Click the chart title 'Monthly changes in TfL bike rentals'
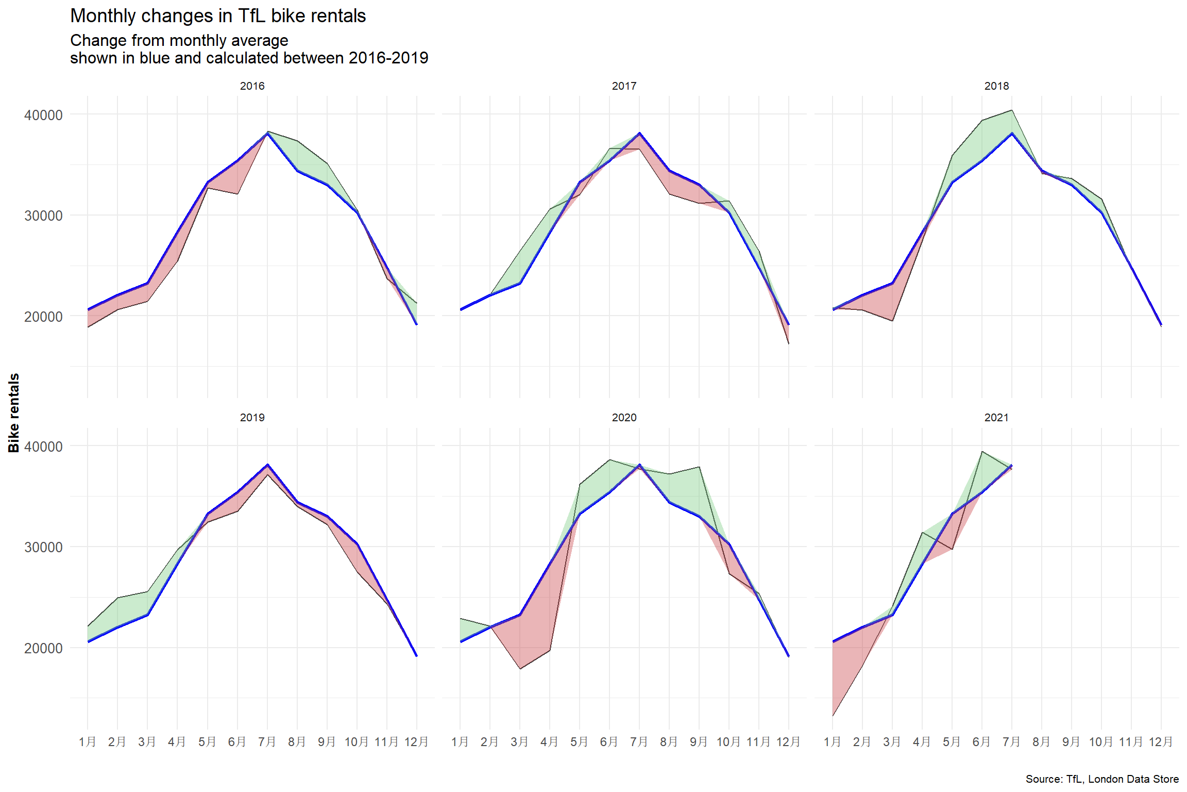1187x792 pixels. (218, 16)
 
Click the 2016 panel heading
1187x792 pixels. (252, 86)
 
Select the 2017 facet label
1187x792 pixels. (624, 86)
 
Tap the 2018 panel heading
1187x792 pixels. (996, 86)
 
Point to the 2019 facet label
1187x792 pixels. (252, 418)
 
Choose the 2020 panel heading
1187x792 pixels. (624, 418)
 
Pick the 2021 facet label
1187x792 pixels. (996, 418)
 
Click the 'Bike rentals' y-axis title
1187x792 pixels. (14, 413)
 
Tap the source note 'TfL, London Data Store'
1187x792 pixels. (1102, 779)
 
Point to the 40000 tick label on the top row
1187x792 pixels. (43, 115)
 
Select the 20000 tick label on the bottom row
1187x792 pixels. (43, 648)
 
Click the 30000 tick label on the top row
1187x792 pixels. (43, 216)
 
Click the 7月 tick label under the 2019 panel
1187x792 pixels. (267, 742)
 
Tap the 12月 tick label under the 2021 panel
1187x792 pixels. (1161, 742)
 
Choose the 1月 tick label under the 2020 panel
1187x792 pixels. (460, 742)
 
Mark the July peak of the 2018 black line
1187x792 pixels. (1012, 110)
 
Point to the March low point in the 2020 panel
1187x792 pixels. (520, 669)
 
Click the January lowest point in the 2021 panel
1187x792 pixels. (833, 716)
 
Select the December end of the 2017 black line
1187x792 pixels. (789, 343)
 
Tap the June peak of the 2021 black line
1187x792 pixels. (982, 452)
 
